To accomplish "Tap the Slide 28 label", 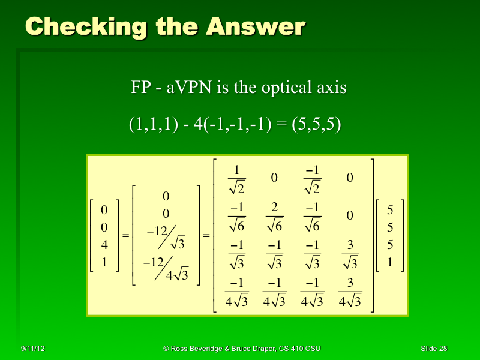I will [x=434, y=349].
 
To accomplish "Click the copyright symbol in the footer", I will [x=166, y=349].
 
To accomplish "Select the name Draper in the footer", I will [x=256, y=349].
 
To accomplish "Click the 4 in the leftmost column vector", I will [x=104, y=244].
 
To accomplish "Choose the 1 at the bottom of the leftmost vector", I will [x=104, y=262].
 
